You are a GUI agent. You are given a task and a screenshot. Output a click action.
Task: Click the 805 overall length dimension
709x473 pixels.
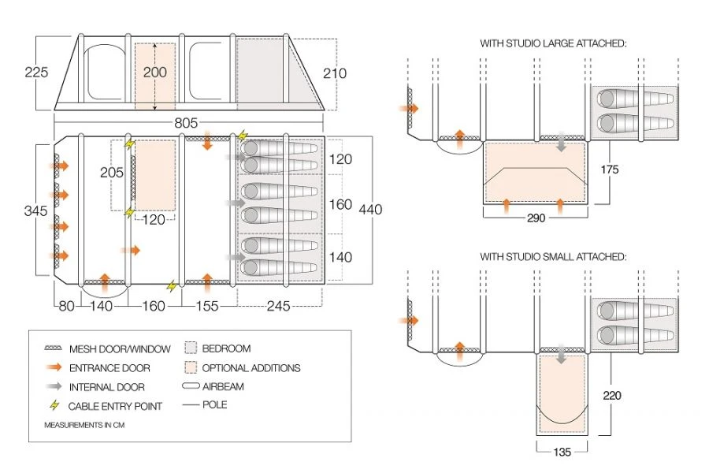[x=186, y=123]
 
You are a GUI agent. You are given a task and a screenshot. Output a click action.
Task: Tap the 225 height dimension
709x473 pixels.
[x=37, y=73]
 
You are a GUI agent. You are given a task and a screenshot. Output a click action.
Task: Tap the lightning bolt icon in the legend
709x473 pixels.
[x=54, y=407]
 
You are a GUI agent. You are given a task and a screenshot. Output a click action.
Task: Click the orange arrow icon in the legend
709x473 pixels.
[x=54, y=367]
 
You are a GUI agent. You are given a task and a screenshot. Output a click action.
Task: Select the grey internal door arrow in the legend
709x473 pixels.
[x=54, y=387]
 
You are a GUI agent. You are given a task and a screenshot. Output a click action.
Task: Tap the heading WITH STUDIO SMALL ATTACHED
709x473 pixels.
[x=553, y=257]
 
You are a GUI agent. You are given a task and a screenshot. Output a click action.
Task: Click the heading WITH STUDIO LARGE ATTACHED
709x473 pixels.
[x=553, y=44]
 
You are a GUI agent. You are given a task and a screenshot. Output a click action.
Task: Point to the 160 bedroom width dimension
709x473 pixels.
[x=340, y=204]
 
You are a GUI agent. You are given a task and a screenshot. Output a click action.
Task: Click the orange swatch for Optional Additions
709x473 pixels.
[x=189, y=367]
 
